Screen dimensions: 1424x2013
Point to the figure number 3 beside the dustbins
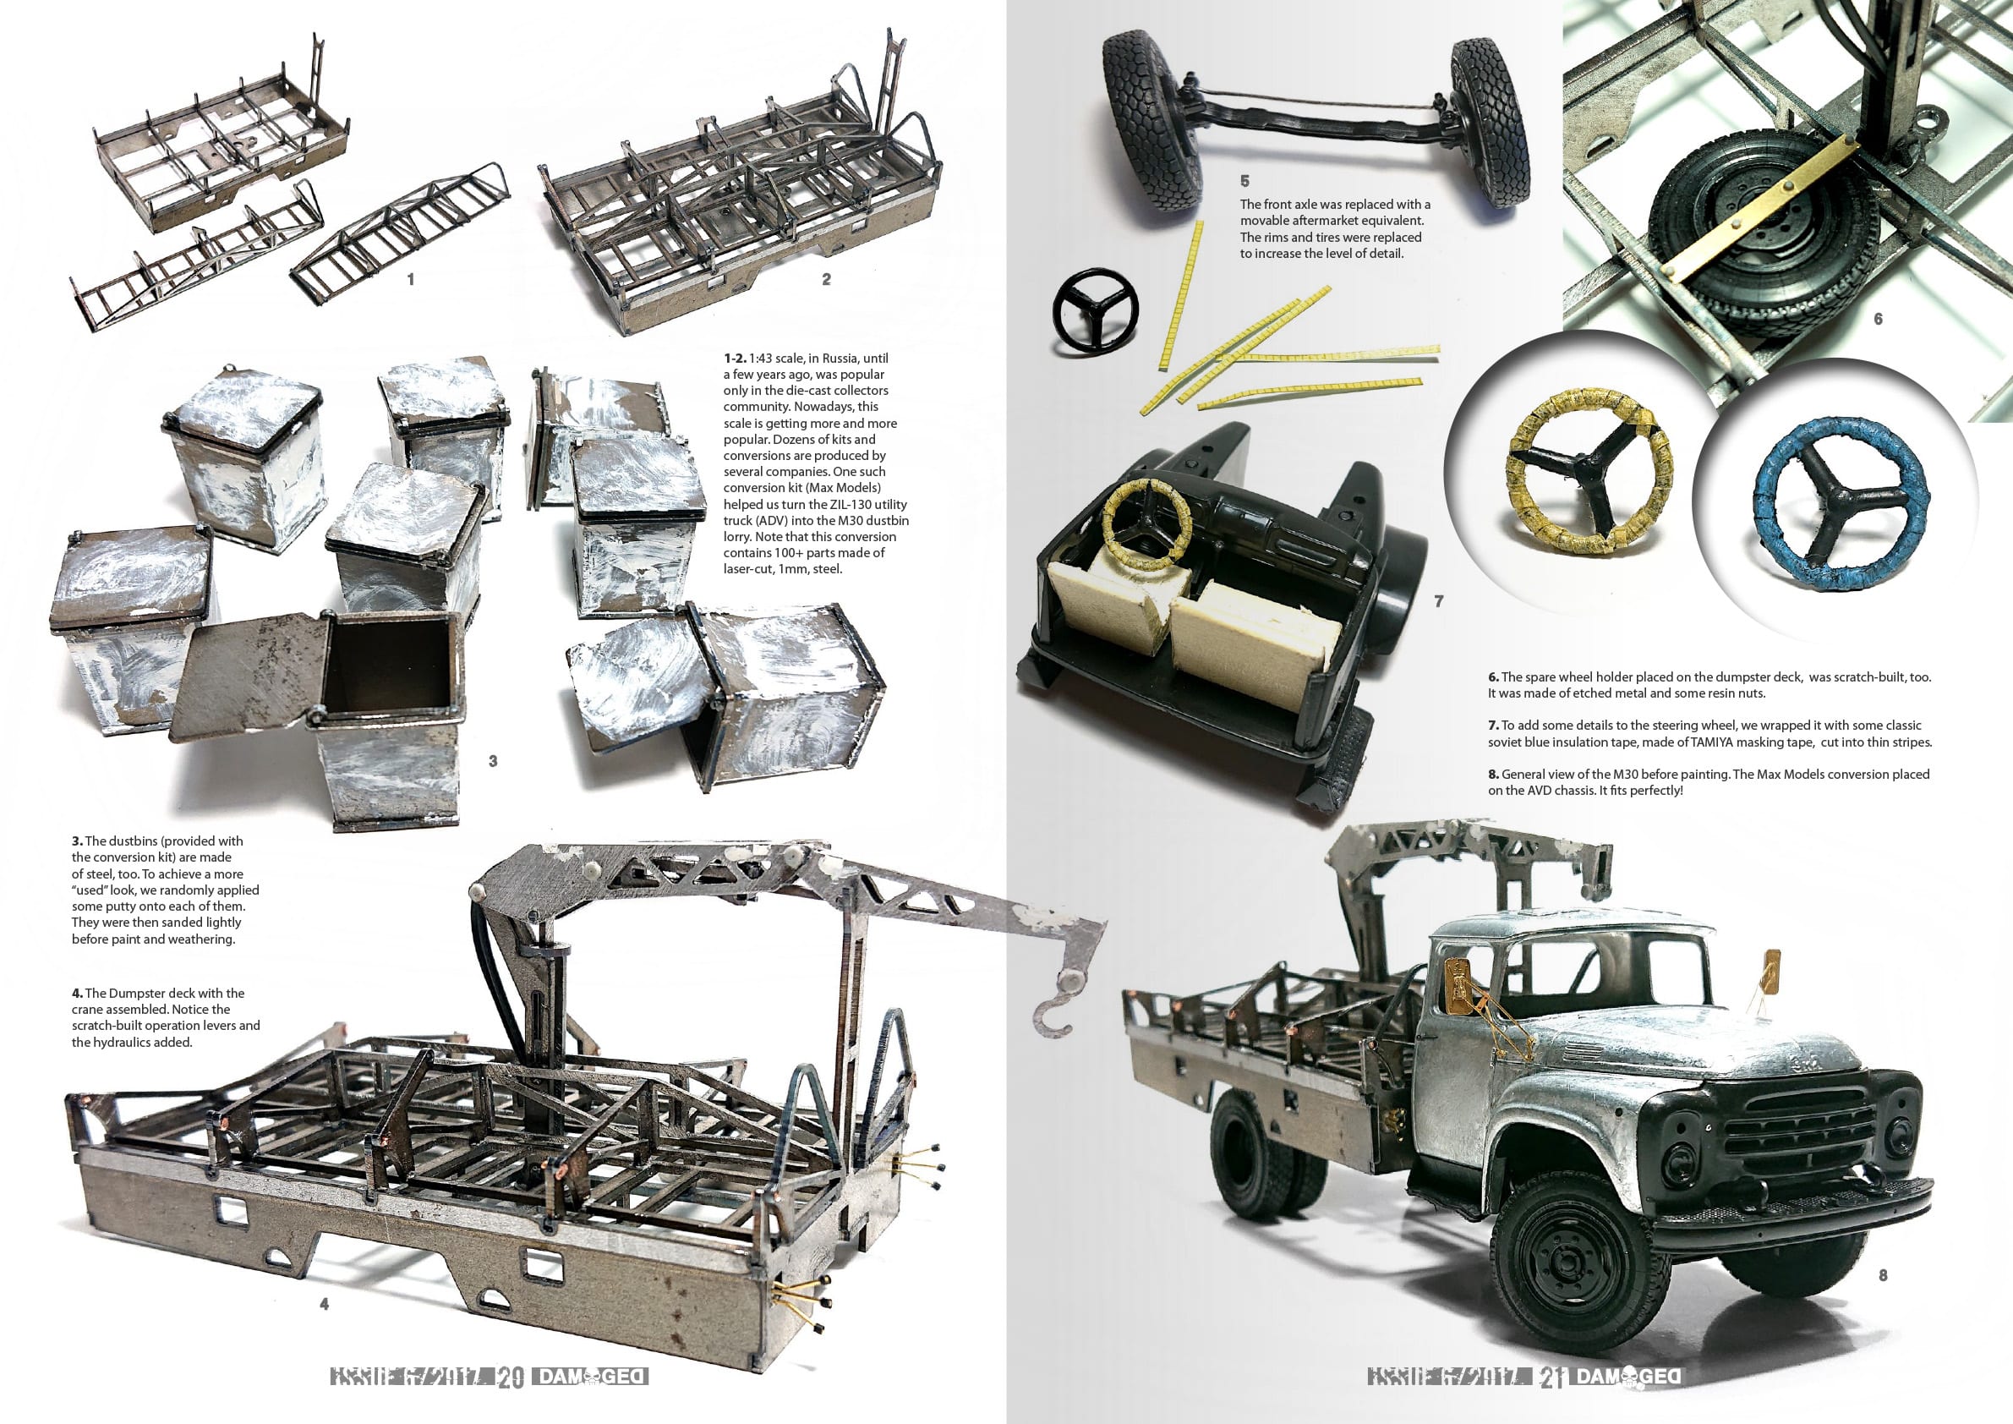pyautogui.click(x=493, y=761)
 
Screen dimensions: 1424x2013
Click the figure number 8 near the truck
pyautogui.click(x=1882, y=1275)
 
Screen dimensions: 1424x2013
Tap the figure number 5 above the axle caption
pyautogui.click(x=1244, y=182)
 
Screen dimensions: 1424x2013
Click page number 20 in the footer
pyautogui.click(x=511, y=1377)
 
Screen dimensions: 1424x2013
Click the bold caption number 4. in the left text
pyautogui.click(x=77, y=994)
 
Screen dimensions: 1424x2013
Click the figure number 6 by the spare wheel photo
pyautogui.click(x=1878, y=319)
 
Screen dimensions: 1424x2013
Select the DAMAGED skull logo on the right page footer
pyautogui.click(x=1628, y=1377)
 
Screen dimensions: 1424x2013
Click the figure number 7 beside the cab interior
pyautogui.click(x=1438, y=601)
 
